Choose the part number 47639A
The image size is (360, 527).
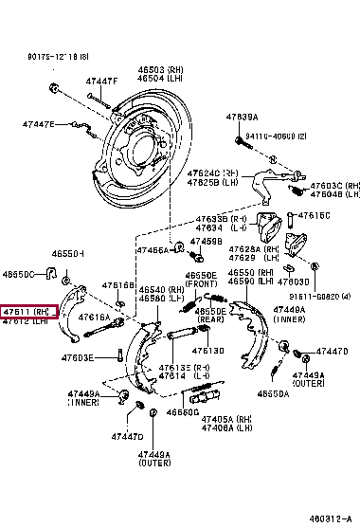[x=242, y=117]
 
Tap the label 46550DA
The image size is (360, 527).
[x=273, y=392]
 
